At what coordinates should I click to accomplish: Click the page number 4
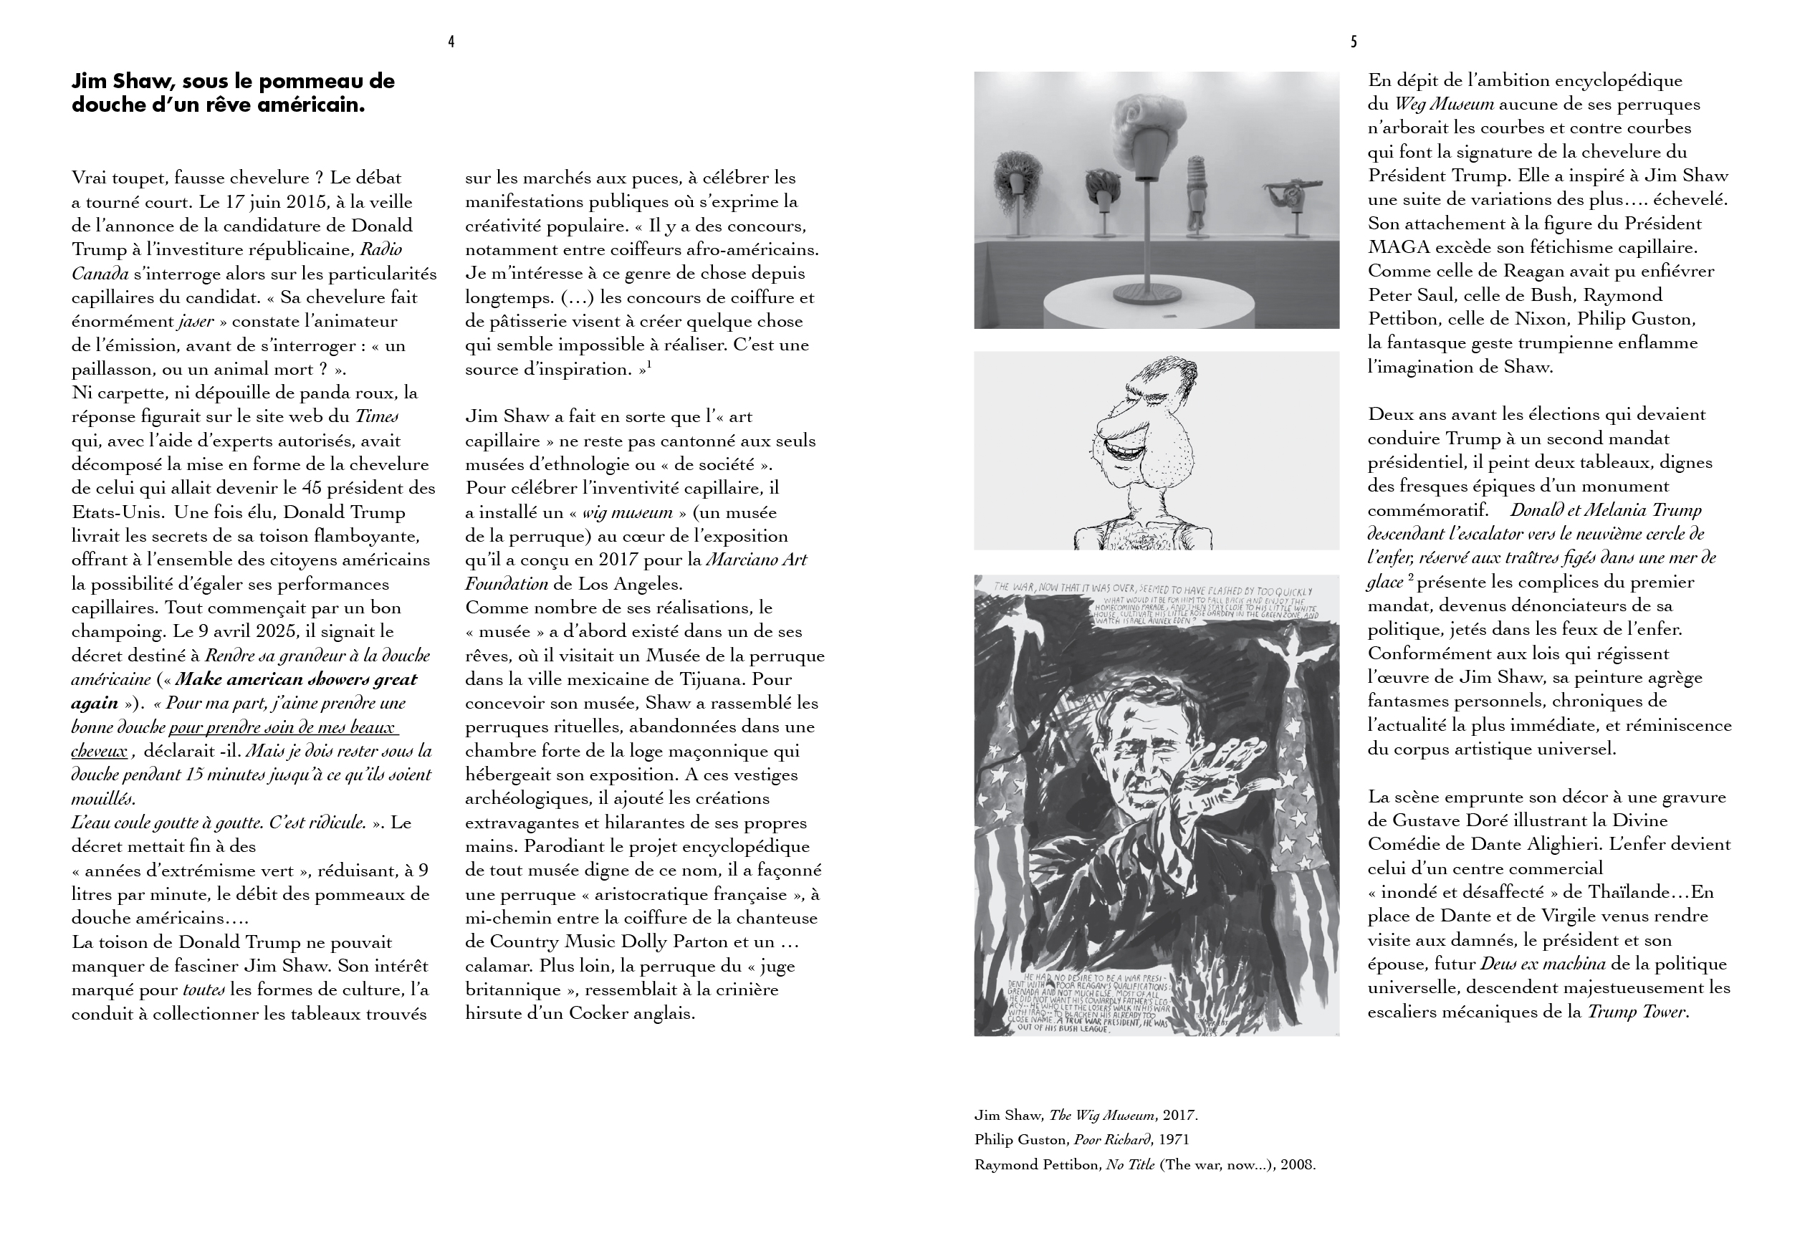pyautogui.click(x=451, y=42)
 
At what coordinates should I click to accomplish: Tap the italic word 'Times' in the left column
pyautogui.click(x=377, y=416)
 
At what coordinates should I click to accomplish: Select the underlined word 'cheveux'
pyautogui.click(x=99, y=751)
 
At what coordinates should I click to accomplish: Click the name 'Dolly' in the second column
pyautogui.click(x=646, y=941)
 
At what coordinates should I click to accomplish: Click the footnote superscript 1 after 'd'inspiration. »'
pyautogui.click(x=649, y=365)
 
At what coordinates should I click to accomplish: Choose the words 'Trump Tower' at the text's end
pyautogui.click(x=1636, y=1012)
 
